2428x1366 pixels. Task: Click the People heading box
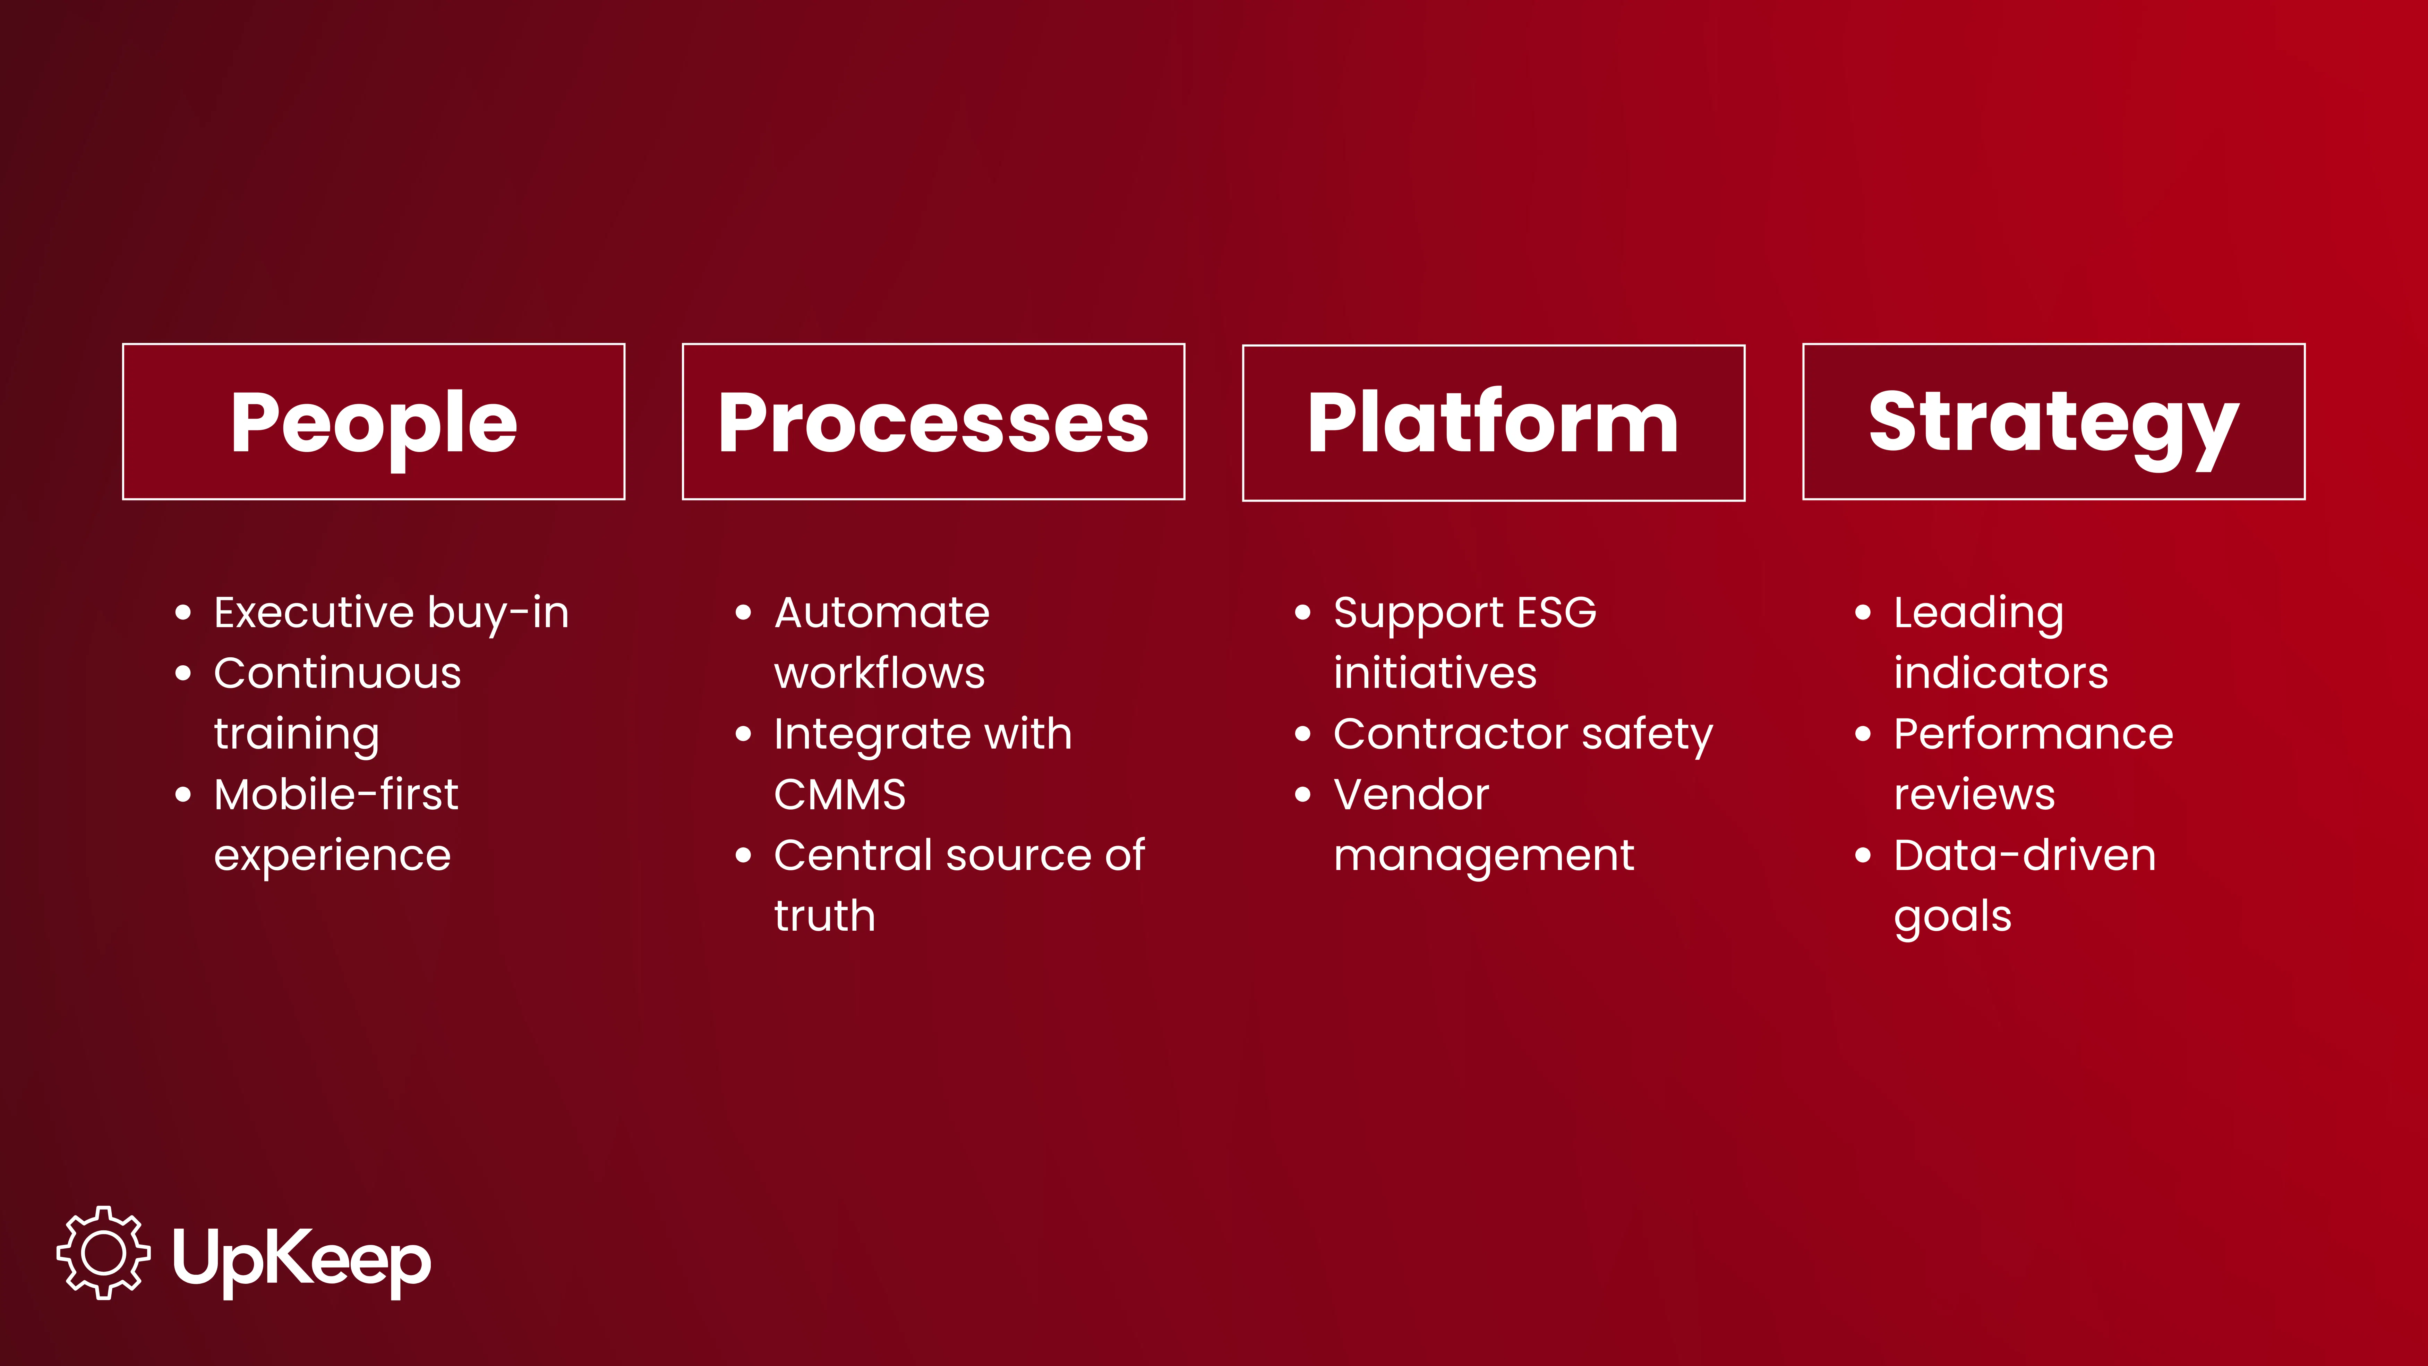[x=373, y=421]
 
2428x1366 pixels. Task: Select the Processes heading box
[x=933, y=421]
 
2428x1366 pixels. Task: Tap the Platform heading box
[x=1493, y=422]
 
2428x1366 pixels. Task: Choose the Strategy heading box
[x=2053, y=421]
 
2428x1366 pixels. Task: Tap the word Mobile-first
[x=335, y=795]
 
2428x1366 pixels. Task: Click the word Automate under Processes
[x=881, y=613]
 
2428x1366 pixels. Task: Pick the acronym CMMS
[x=839, y=795]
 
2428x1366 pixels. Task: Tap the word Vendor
[x=1411, y=795]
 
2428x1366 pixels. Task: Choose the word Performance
[x=2033, y=734]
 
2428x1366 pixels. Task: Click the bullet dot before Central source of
[x=744, y=855]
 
